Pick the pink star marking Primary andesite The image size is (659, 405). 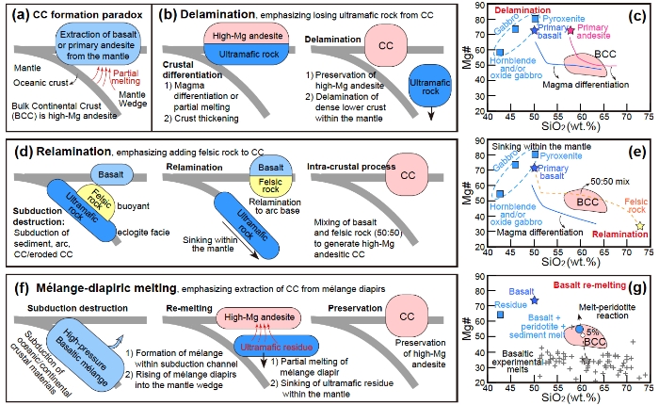tap(571, 32)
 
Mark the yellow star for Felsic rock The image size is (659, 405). tap(641, 226)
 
